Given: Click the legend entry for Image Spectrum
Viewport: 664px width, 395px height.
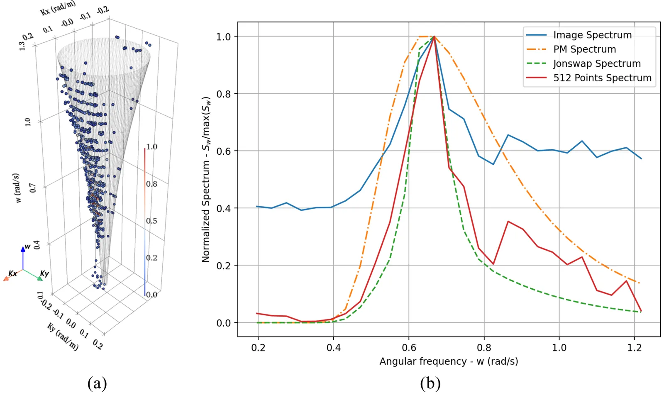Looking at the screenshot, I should (592, 35).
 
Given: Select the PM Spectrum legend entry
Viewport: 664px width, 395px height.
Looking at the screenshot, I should (584, 49).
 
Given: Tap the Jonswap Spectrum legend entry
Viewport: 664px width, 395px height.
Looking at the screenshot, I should (597, 63).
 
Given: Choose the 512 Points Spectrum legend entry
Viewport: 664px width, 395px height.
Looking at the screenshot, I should (602, 78).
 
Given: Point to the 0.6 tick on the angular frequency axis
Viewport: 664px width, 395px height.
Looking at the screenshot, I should (409, 348).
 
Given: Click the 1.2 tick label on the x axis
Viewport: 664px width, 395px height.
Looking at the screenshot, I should (634, 348).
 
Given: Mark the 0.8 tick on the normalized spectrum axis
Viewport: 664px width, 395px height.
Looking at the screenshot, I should (224, 94).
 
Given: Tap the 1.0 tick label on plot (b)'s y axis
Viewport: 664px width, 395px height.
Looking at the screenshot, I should (224, 37).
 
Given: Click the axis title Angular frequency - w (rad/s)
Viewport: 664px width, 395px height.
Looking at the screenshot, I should (449, 361).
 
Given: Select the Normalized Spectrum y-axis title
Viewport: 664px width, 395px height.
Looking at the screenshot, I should (206, 179).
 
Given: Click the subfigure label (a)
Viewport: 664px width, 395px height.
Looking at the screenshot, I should (97, 383).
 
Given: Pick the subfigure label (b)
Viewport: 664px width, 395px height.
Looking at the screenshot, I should (430, 383).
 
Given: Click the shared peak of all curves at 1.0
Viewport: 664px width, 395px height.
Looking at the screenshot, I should (434, 37).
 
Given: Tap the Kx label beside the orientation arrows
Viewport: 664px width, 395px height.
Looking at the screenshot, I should (13, 273).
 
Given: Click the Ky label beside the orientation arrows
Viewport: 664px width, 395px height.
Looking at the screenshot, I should (44, 273).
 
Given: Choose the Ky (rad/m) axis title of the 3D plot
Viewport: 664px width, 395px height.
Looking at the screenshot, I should (63, 336).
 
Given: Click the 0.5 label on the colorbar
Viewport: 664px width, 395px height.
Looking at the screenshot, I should (151, 221).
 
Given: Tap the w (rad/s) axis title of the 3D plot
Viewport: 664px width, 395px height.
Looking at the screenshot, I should (17, 188).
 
